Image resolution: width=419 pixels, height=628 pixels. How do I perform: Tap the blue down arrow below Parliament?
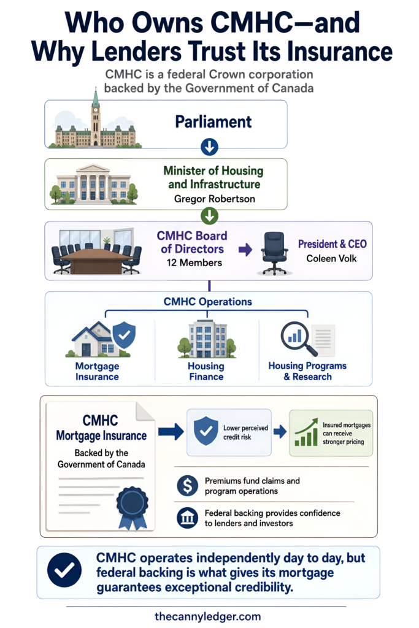coord(209,147)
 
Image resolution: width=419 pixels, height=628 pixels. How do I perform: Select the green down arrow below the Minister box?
coord(209,216)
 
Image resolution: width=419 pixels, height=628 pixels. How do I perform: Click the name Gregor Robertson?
coord(214,199)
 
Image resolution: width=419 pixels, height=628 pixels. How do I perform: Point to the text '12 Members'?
coord(194,262)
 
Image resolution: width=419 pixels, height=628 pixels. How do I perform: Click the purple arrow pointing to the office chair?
coord(245,250)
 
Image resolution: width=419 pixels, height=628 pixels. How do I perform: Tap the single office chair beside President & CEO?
coord(274,253)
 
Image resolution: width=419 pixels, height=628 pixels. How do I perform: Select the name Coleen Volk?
coord(331,258)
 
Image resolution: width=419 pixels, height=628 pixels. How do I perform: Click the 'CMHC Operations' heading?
coord(208,302)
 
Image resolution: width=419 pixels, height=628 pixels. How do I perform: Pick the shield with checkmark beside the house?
coord(124,335)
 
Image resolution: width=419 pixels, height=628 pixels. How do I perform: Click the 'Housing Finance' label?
coord(206,371)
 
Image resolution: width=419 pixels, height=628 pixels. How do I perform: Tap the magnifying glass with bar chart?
coord(299,339)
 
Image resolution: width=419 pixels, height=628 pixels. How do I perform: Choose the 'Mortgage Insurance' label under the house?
coord(98,371)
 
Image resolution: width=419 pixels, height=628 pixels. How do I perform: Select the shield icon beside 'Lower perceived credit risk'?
coord(206,431)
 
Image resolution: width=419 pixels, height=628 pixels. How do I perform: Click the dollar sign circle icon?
coord(188,486)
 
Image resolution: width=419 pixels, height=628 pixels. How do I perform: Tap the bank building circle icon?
coord(188,518)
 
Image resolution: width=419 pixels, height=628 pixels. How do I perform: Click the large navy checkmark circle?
coord(64,570)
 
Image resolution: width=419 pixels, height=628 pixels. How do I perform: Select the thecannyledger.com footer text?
coord(207,616)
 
